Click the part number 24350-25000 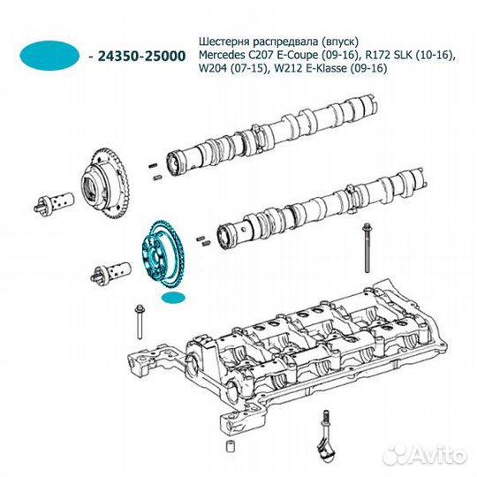pos(141,57)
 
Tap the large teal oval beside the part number pos(49,56)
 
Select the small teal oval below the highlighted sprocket pos(173,299)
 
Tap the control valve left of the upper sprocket pos(54,202)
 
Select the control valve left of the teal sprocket pos(110,271)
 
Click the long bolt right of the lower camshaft pos(367,247)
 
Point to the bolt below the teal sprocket pos(140,322)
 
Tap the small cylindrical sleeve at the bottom pos(231,446)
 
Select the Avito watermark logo pos(425,456)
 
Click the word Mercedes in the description pos(221,55)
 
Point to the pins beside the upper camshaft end pos(155,171)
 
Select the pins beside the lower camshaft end pos(203,240)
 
